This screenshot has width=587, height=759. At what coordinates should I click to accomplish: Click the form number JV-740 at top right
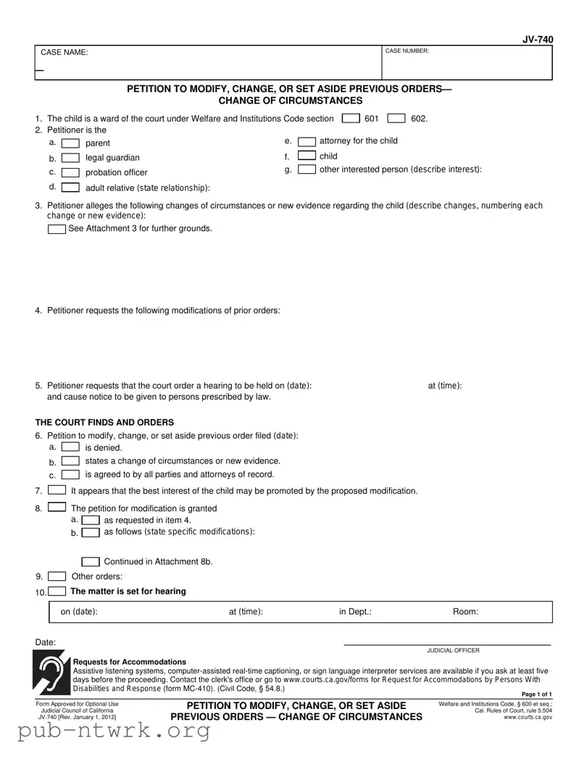(538, 40)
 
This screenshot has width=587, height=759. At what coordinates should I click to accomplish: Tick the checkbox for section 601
(351, 119)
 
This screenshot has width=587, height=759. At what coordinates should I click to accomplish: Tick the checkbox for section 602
(396, 119)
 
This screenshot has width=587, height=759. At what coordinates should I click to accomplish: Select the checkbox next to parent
(70, 143)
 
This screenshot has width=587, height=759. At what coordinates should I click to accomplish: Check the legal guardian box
(70, 158)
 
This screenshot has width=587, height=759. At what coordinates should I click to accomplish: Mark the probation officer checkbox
(70, 172)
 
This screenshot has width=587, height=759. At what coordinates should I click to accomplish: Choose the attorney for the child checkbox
(307, 141)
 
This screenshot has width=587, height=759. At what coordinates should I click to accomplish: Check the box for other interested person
(307, 169)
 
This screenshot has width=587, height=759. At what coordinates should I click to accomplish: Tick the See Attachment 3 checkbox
(57, 229)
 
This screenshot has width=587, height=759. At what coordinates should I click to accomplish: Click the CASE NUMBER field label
(407, 51)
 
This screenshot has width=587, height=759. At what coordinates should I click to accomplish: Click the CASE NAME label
(64, 53)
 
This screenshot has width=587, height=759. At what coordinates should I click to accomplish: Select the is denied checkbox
(70, 448)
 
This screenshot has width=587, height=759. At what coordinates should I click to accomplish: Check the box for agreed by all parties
(70, 475)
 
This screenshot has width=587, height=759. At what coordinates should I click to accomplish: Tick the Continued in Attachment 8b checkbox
(91, 562)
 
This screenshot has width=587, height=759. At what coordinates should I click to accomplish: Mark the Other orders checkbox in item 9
(57, 576)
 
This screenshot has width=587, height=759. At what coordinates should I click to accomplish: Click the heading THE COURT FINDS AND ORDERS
(104, 422)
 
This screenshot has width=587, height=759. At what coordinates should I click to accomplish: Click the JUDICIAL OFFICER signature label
(453, 650)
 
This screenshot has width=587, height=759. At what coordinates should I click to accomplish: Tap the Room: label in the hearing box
(465, 612)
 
